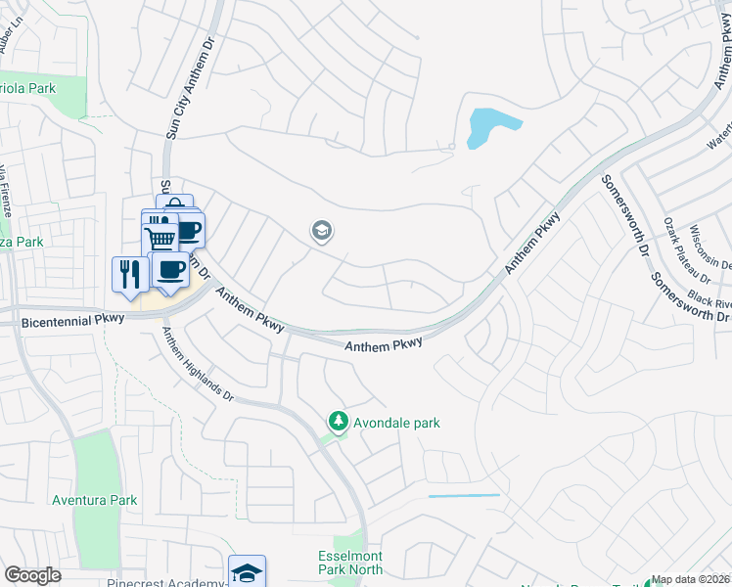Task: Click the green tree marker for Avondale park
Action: pyautogui.click(x=338, y=422)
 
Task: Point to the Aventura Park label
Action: pyautogui.click(x=95, y=500)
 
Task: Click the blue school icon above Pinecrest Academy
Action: pyautogui.click(x=247, y=570)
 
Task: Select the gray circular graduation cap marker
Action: pyautogui.click(x=320, y=231)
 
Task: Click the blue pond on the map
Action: pyautogui.click(x=489, y=127)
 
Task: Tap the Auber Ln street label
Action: pyautogui.click(x=12, y=37)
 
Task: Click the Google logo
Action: pyautogui.click(x=32, y=575)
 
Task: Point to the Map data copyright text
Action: pyautogui.click(x=691, y=580)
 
